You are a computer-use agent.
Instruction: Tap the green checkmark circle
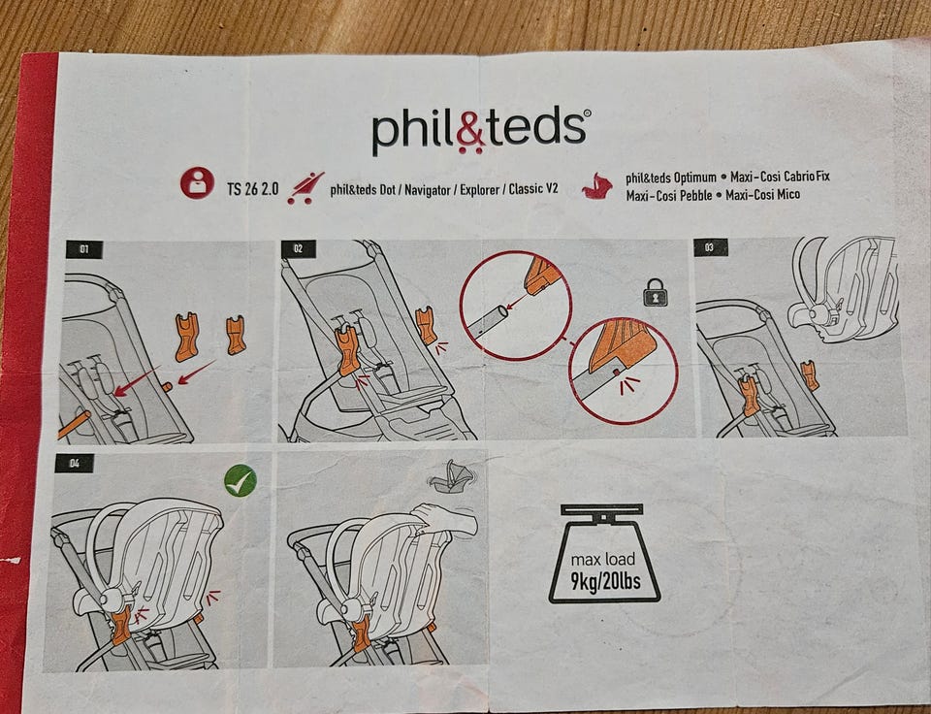241,480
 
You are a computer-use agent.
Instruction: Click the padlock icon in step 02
656,292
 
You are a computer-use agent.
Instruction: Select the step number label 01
83,249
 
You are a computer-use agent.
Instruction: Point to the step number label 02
298,249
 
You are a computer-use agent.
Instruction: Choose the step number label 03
710,247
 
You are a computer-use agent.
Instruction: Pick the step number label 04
75,463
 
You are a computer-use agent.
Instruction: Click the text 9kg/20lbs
605,580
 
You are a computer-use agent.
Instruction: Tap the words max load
602,559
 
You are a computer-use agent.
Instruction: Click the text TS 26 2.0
252,189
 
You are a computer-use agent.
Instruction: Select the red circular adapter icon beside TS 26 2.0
197,183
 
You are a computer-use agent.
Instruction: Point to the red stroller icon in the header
305,188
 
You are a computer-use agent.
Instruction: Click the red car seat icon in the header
597,186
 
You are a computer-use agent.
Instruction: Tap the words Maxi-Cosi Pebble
668,195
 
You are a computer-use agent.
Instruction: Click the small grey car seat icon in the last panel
451,475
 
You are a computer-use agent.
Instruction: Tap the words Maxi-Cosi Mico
762,195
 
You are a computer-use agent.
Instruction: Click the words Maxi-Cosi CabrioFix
780,177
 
